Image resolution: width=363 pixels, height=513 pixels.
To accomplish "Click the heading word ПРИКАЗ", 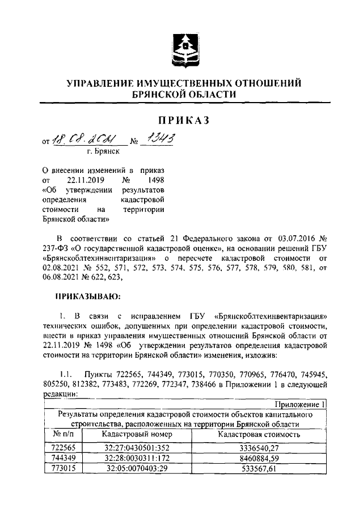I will point(181,120).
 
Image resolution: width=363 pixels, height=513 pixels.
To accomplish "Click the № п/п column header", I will point(63,434).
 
